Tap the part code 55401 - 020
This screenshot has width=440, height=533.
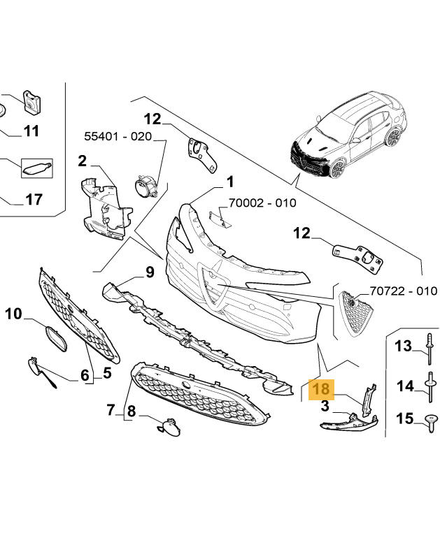tap(118, 137)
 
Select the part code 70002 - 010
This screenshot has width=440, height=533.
tap(262, 203)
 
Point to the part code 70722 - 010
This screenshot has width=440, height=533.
tap(403, 291)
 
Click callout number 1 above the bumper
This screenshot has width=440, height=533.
tap(229, 183)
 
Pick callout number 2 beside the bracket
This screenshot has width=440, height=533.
tap(82, 162)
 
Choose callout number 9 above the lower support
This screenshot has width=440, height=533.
tap(150, 272)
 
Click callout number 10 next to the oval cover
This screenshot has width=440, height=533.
tap(14, 314)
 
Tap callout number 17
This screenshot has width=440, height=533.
tap(34, 200)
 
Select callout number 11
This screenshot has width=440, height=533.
tap(31, 131)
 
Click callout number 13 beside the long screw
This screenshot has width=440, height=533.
tap(404, 345)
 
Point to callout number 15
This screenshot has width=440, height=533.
tap(404, 418)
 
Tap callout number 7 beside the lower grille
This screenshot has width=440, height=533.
tap(111, 409)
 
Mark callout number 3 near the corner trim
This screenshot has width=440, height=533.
tap(325, 406)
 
